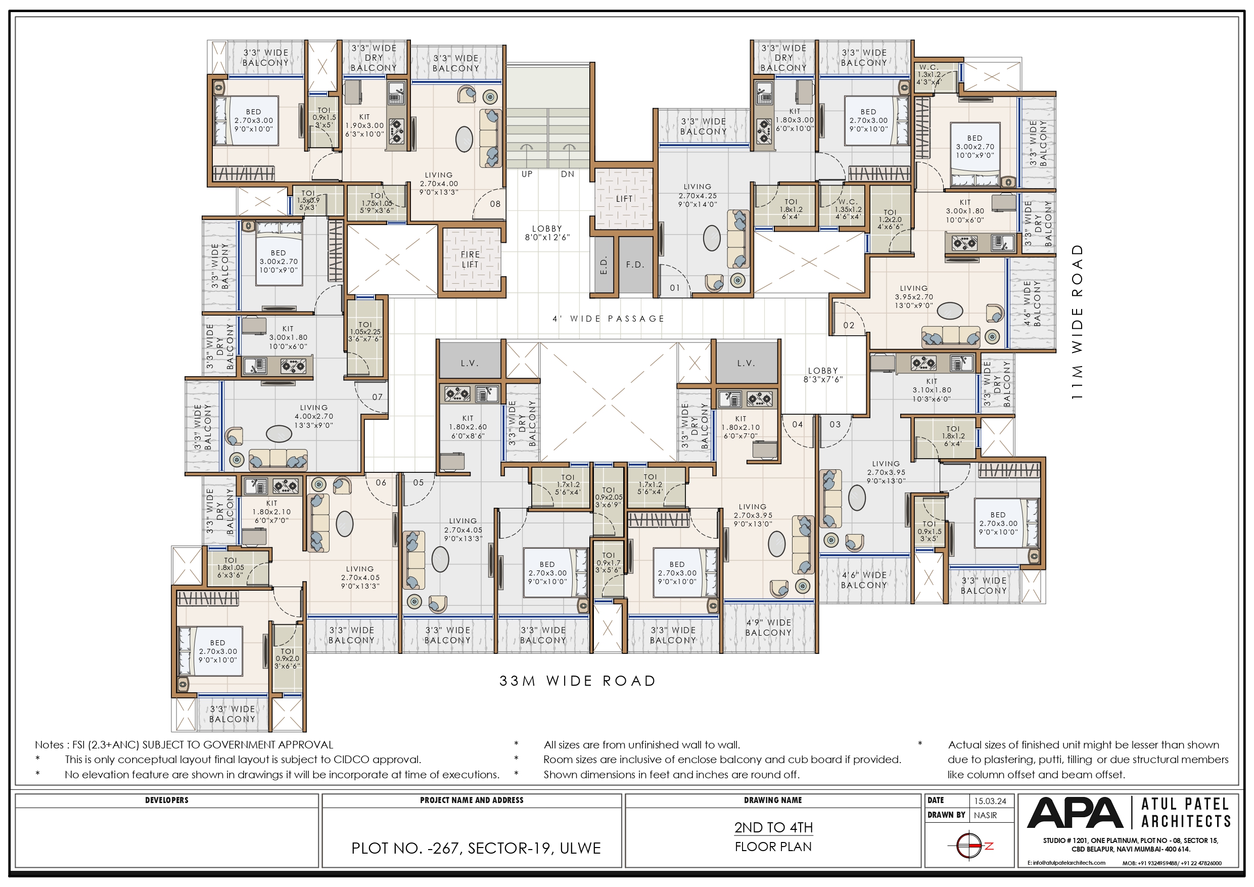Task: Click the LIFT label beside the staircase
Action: tap(624, 199)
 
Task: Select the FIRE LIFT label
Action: tap(470, 259)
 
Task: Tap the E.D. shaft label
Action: tap(603, 265)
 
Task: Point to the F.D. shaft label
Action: tap(635, 265)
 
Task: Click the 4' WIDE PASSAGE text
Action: tap(609, 319)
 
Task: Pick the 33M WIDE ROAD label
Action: tap(577, 681)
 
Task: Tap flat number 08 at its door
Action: tap(495, 204)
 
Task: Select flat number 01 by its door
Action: tap(675, 288)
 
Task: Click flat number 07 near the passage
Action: tap(378, 397)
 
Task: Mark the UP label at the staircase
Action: tap(527, 174)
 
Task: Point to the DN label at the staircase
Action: tap(568, 174)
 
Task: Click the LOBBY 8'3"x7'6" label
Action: tap(822, 375)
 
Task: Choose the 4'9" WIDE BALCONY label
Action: tap(768, 628)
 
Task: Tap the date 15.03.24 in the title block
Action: tap(990, 801)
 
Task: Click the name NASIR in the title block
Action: tap(985, 815)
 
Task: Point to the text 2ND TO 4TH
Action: tap(773, 827)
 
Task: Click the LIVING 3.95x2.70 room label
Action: tap(913, 297)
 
